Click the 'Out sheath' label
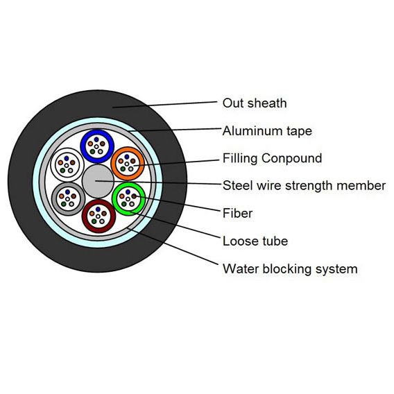[255, 103]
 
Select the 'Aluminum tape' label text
[267, 131]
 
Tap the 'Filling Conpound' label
[272, 158]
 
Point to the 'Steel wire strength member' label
[304, 186]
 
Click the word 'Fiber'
[237, 214]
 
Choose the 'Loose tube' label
[255, 241]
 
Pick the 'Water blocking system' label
[290, 269]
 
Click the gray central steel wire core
[98, 181]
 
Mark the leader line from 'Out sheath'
[164, 105]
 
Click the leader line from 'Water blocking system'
[173, 246]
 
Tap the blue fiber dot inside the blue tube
[96, 139]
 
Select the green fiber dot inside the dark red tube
[94, 221]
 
